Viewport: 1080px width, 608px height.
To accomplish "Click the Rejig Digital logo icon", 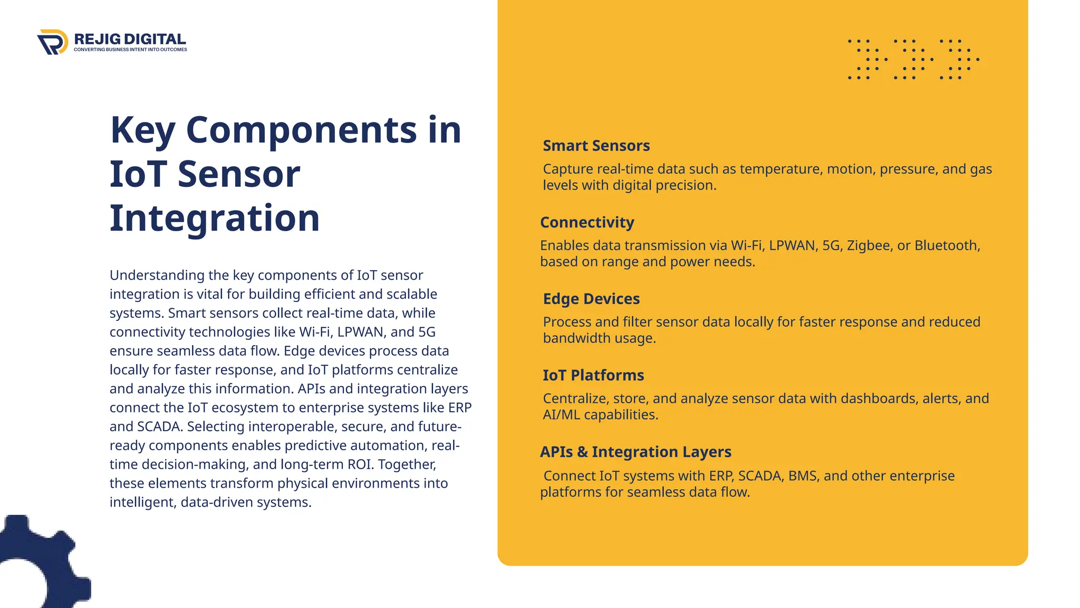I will coord(53,42).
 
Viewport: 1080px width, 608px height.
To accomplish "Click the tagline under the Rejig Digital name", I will coord(130,50).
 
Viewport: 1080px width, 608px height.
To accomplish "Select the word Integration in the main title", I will coord(215,218).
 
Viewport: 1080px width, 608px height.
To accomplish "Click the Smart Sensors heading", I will coord(596,146).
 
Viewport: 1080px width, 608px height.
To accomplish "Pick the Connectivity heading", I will coord(587,222).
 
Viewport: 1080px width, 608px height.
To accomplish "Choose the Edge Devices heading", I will coord(591,299).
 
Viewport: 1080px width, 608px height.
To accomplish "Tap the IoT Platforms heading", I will coord(593,375).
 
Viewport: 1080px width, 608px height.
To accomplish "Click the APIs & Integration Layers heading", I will coord(635,452).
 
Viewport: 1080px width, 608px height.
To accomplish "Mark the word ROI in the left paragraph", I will coord(360,464).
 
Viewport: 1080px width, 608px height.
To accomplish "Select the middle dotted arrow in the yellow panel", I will coord(913,59).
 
